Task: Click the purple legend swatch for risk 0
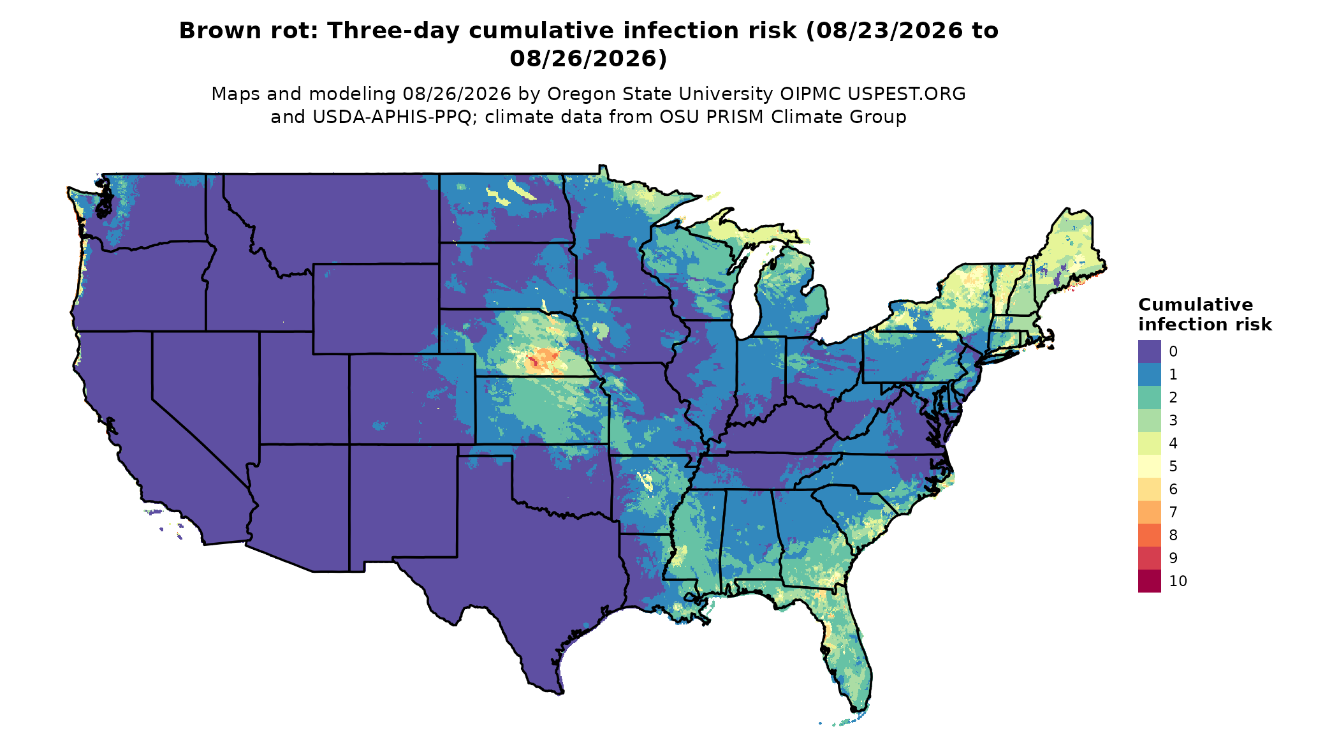tap(1149, 351)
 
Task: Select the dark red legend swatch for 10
tap(1149, 581)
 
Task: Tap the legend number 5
tap(1173, 466)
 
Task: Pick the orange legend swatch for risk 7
tap(1149, 512)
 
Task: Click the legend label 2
tap(1173, 397)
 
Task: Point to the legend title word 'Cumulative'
tap(1196, 305)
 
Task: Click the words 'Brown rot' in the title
tap(248, 31)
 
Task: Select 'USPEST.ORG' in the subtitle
tap(906, 94)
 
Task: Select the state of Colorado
tap(412, 399)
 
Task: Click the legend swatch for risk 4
tap(1149, 443)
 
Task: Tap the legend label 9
tap(1173, 558)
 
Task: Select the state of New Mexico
tap(403, 504)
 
